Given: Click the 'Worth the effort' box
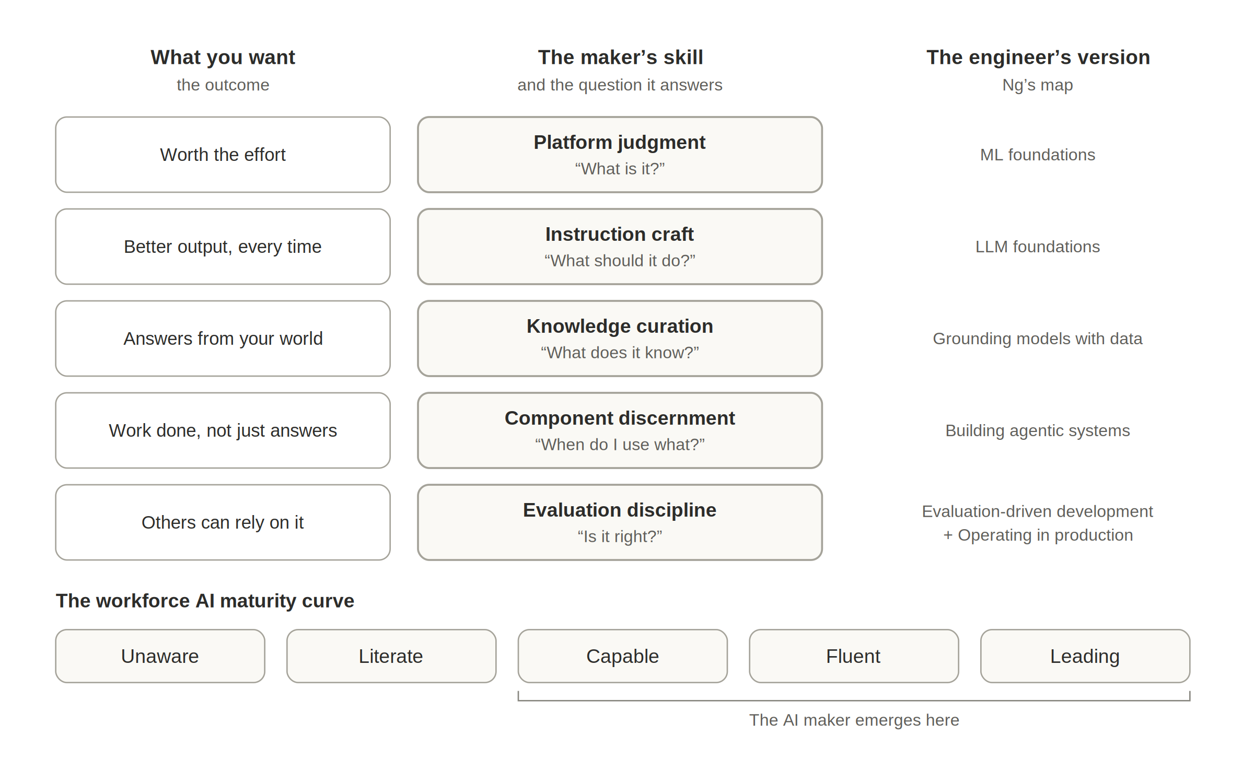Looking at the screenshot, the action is [223, 155].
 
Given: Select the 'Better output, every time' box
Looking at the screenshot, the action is [223, 247].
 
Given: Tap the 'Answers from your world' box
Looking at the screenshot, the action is [223, 338].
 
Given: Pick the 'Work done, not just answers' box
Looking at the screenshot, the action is [223, 430].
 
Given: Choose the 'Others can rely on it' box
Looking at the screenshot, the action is [223, 522].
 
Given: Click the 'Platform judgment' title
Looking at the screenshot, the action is [620, 143].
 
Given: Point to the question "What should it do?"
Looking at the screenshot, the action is [620, 261].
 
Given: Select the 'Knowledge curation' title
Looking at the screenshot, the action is [620, 326].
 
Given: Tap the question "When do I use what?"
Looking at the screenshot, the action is [620, 445].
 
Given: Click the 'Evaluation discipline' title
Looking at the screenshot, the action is [620, 510].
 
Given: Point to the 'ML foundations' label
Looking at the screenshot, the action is [1038, 155].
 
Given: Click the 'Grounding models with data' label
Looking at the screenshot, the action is [1038, 339].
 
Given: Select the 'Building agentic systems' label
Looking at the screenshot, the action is [1038, 431].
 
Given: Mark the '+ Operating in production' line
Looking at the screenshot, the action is [1038, 535].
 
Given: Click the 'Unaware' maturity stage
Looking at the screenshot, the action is [160, 656].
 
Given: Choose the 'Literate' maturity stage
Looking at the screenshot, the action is [391, 656].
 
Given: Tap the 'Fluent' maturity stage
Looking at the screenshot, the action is [854, 656].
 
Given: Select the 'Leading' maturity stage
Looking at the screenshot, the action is [1085, 656].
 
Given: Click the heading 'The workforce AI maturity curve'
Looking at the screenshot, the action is [205, 601].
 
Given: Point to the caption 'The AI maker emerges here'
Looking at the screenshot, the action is [854, 720].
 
